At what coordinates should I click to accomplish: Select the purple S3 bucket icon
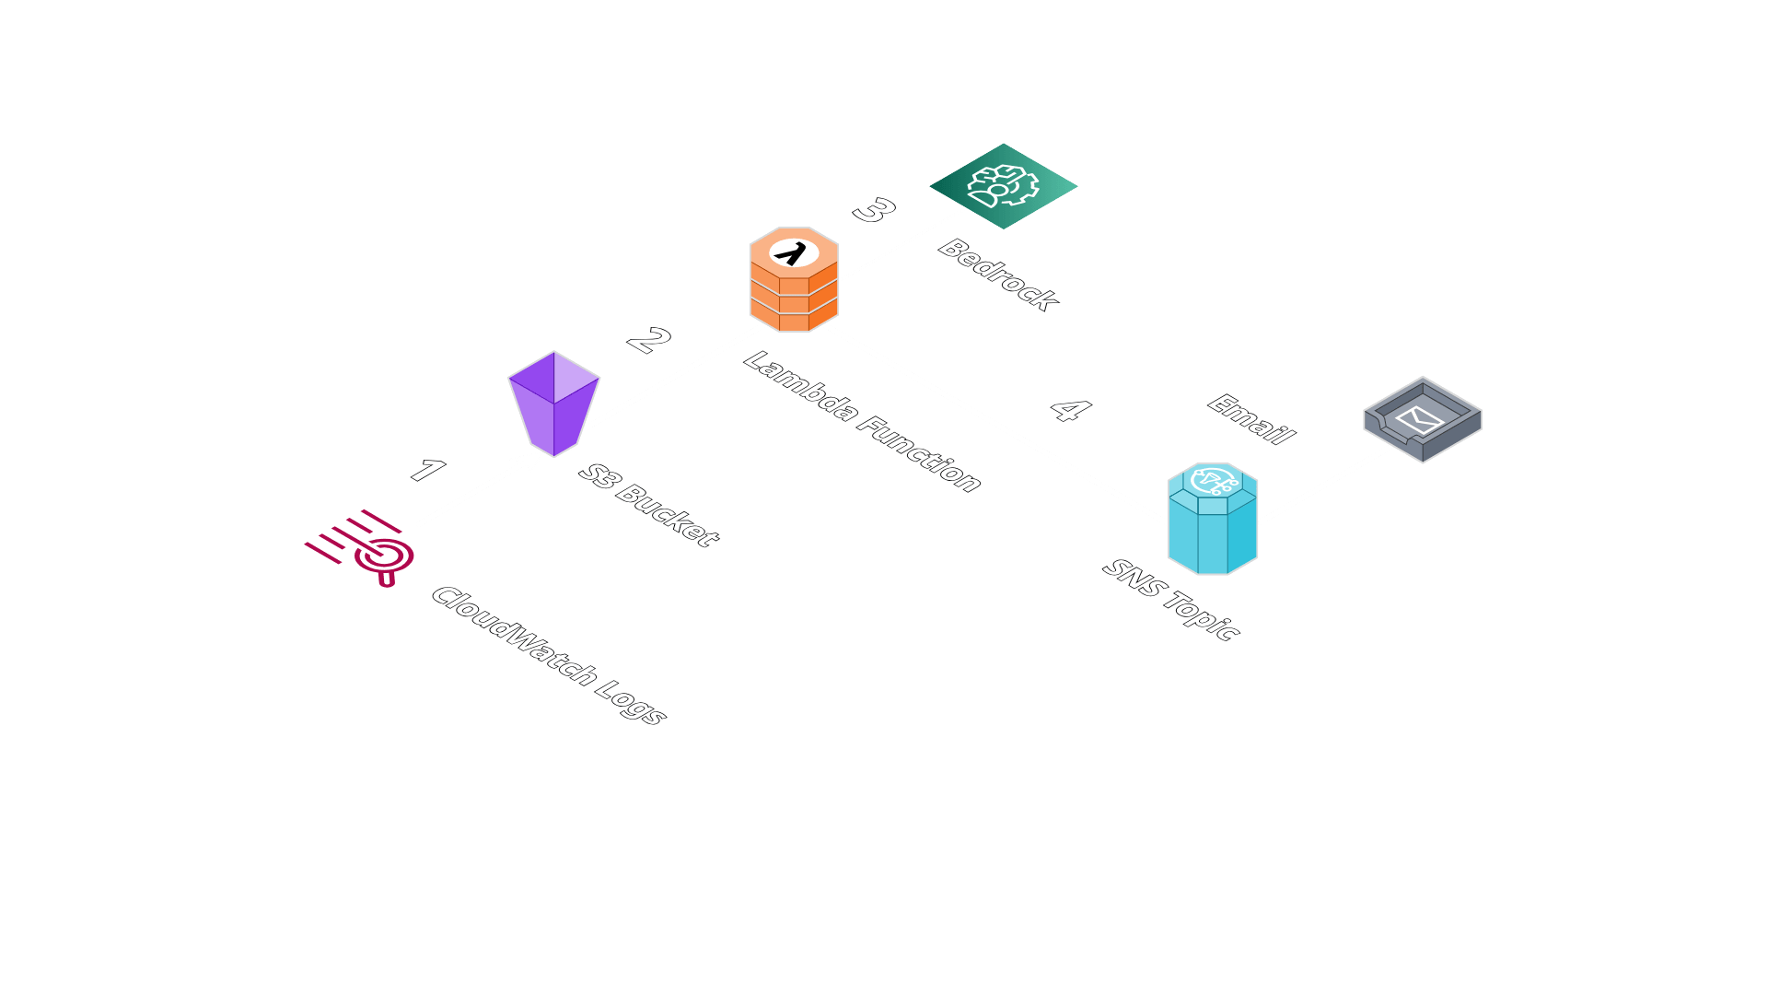[553, 404]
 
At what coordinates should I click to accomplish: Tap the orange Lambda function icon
[793, 279]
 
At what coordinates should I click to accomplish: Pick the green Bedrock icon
[1003, 186]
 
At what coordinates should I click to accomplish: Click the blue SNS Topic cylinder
[1212, 520]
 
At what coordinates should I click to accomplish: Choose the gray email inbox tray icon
[1423, 420]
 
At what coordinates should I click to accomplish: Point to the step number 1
[427, 471]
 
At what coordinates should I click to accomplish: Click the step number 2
[649, 340]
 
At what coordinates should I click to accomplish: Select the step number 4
[1070, 409]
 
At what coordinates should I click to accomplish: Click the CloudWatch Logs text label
[549, 655]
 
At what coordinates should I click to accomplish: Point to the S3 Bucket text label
[648, 505]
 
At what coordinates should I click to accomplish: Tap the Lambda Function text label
[862, 422]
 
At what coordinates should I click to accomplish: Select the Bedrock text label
[998, 275]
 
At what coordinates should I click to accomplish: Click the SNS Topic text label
[1171, 600]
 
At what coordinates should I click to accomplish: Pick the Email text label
[1251, 419]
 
